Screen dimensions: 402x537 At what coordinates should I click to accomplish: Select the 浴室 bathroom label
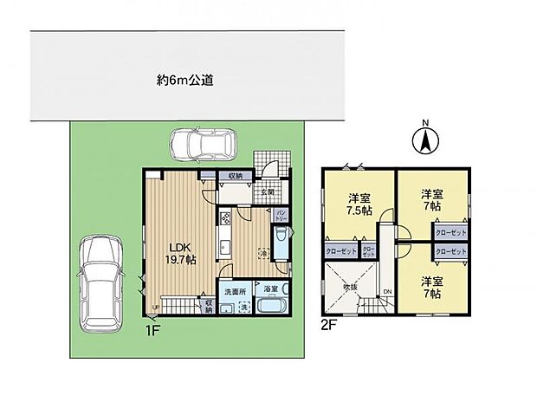pyautogui.click(x=271, y=291)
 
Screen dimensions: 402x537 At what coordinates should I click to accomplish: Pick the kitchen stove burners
pyautogui.click(x=224, y=220)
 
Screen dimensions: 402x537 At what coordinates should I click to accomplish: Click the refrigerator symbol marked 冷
pyautogui.click(x=262, y=252)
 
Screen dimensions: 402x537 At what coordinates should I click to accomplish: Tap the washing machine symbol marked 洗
pyautogui.click(x=243, y=308)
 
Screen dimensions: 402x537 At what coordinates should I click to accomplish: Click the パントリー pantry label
pyautogui.click(x=282, y=213)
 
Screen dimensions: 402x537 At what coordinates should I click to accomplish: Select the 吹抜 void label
pyautogui.click(x=349, y=287)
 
